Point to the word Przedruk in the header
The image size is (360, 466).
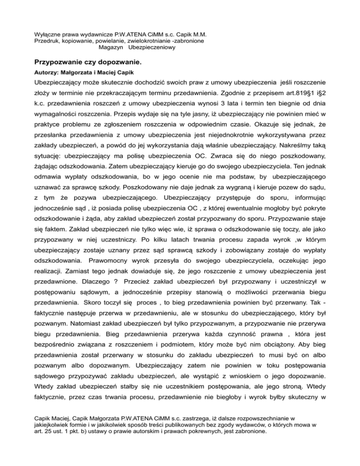48,41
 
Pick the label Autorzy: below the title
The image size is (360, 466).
48,73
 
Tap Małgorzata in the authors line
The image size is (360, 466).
81,73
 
